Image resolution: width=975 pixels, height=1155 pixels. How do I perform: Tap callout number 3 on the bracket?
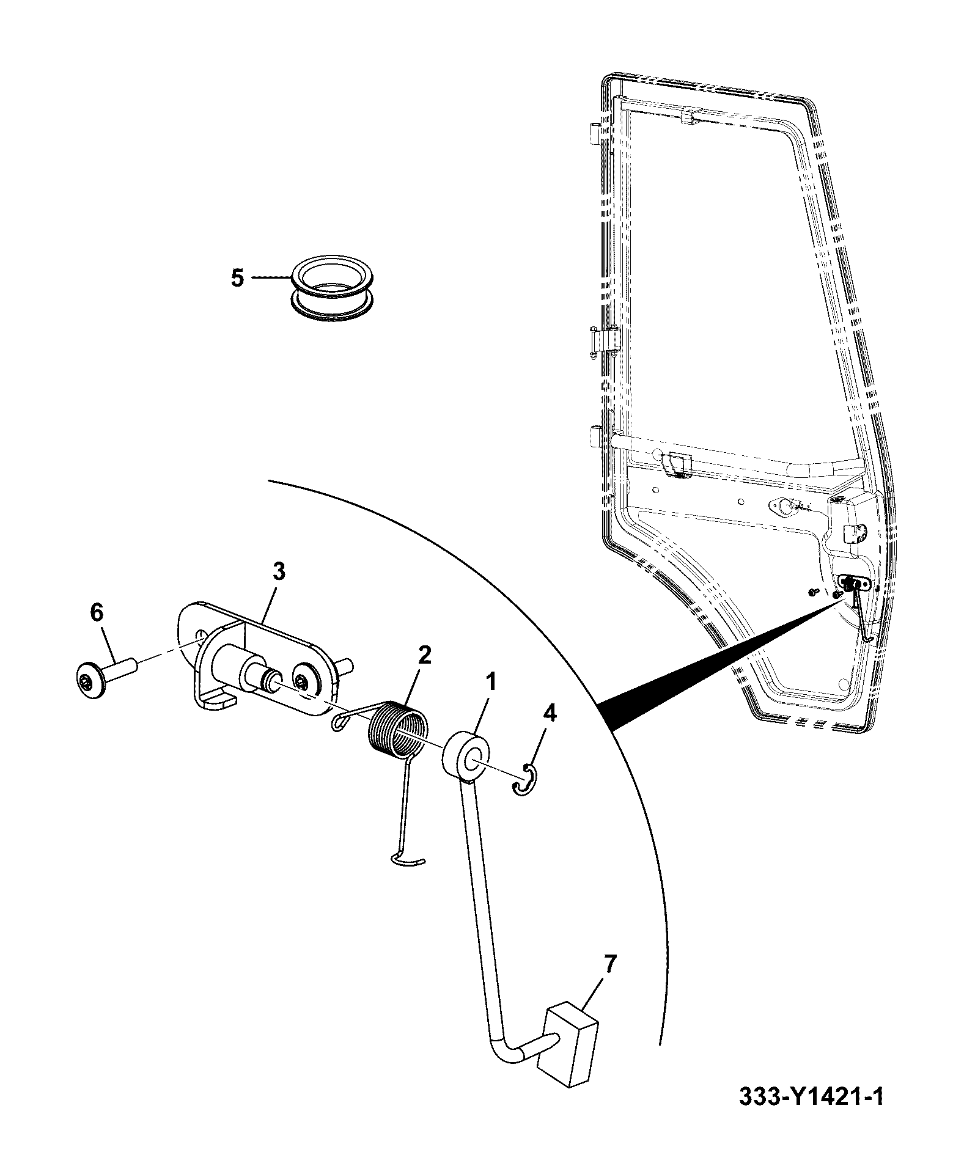278,573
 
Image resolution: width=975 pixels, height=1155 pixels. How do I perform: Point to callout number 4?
550,713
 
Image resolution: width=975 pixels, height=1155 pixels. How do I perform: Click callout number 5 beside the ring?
237,278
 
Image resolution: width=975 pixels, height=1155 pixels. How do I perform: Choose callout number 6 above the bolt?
97,612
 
